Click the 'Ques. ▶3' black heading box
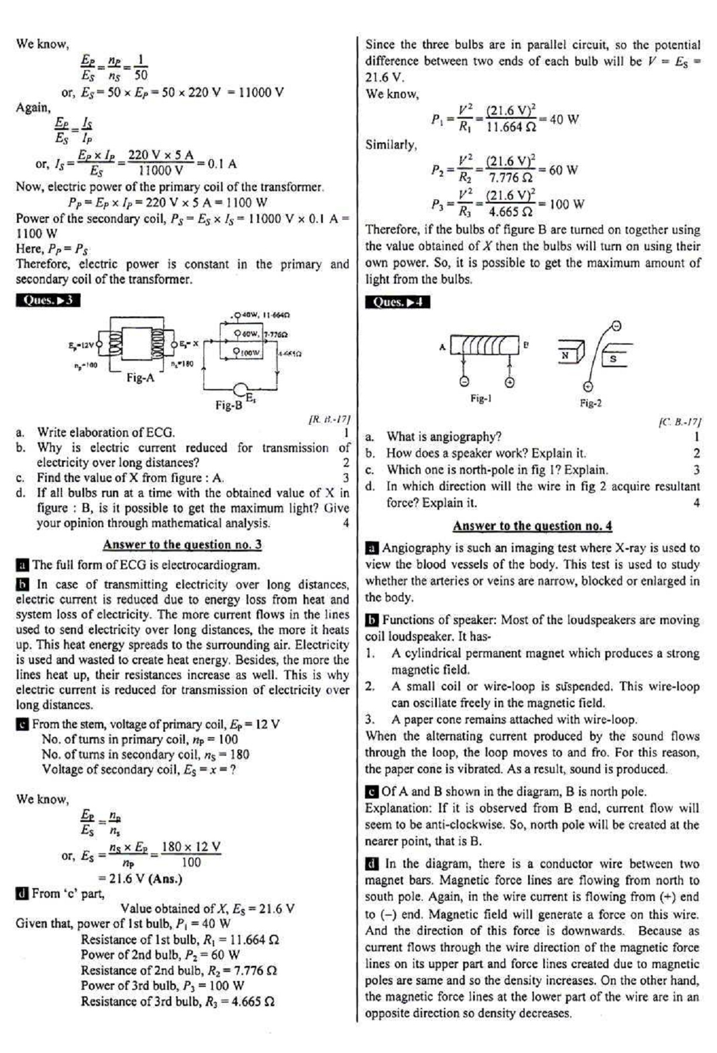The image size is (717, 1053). point(48,301)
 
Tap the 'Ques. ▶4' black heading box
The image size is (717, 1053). point(397,302)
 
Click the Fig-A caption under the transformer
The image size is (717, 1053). point(140,378)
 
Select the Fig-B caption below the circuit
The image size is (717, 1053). point(228,405)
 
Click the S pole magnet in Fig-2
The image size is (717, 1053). point(613,358)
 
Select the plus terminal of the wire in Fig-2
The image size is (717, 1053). point(588,386)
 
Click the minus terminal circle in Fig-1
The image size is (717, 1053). point(464,381)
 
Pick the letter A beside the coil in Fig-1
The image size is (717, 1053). point(443,347)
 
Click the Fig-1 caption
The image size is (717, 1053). point(481,399)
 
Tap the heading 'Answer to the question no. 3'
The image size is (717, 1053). point(182,545)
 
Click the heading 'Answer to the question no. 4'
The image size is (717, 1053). point(532,526)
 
